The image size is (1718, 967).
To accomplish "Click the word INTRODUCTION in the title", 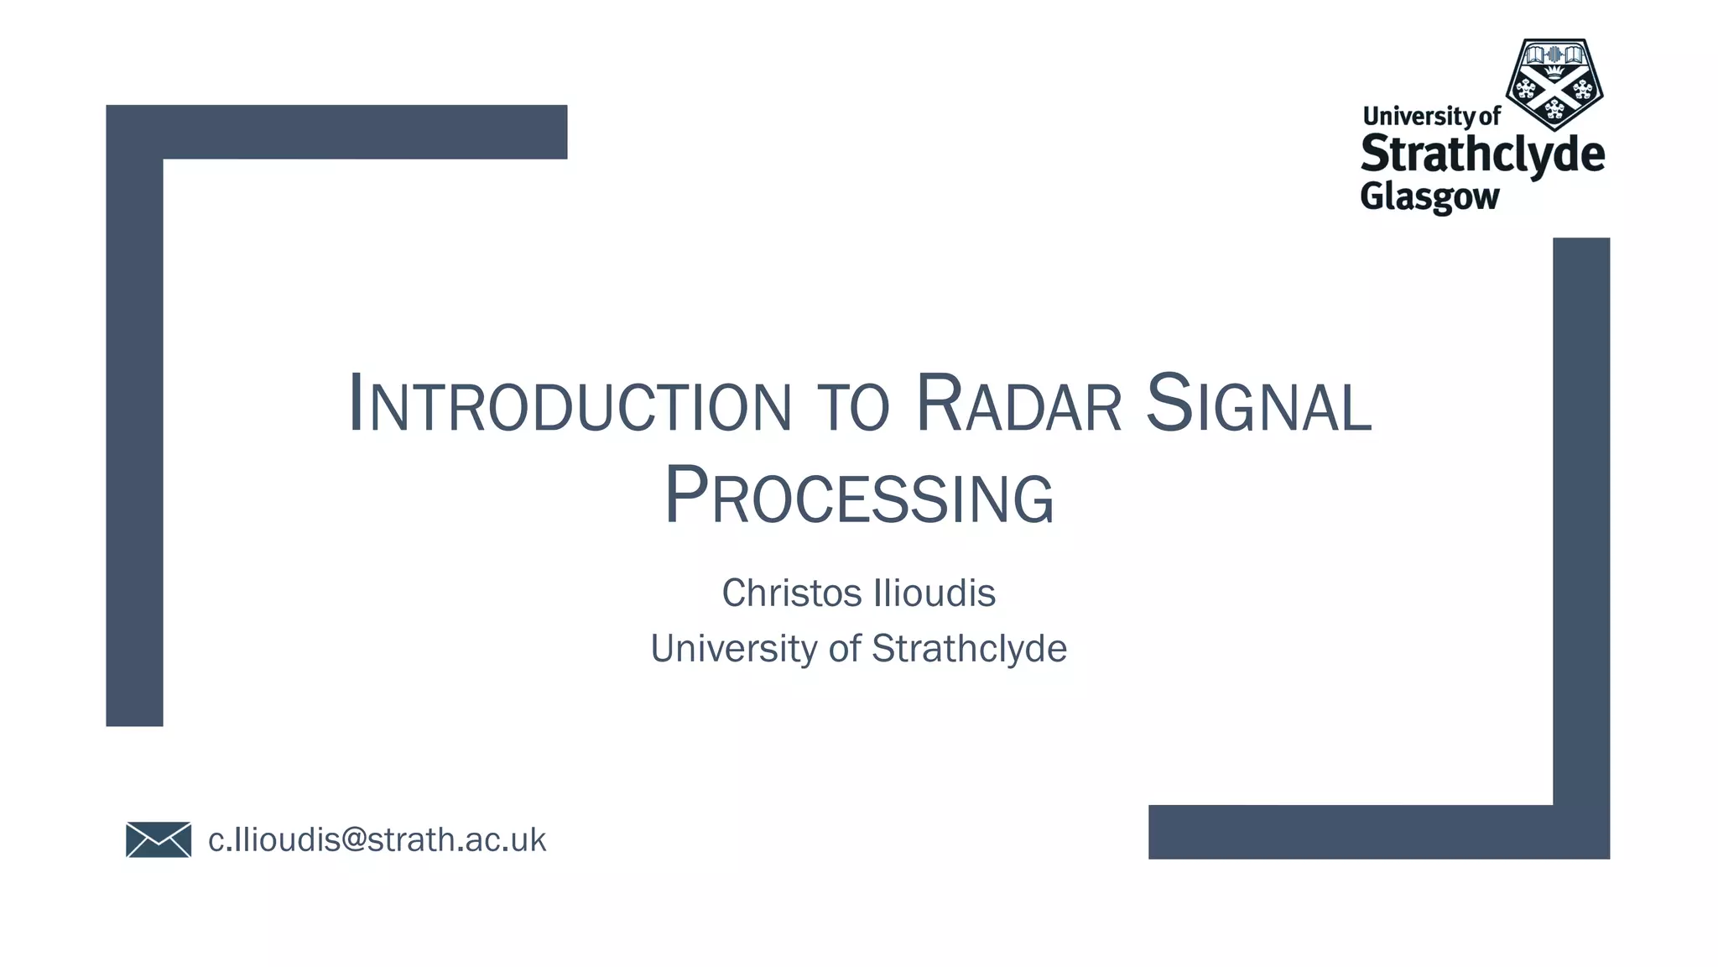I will coord(570,405).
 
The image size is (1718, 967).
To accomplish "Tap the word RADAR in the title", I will coord(1018,405).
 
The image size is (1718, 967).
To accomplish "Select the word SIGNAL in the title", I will coord(1258,405).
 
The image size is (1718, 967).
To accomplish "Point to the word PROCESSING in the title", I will coord(859,497).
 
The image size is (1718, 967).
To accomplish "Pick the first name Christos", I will coord(792,593).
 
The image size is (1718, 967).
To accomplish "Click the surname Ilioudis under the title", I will coord(934,593).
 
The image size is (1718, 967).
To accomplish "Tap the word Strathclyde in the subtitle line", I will coord(969,649).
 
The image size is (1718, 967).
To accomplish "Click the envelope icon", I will coord(159,839).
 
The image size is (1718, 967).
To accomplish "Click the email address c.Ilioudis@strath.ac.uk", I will coord(377,839).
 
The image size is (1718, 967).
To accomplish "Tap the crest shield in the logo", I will coord(1554,84).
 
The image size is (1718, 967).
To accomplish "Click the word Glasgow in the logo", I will coord(1429,196).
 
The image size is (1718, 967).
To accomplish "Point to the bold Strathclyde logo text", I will coord(1482,155).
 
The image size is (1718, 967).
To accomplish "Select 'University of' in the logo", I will coord(1431,116).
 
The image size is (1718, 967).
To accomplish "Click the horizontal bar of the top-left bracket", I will coord(361,132).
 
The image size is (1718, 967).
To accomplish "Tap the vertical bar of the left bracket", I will coord(134,436).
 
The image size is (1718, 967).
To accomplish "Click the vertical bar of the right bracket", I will coord(1581,520).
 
